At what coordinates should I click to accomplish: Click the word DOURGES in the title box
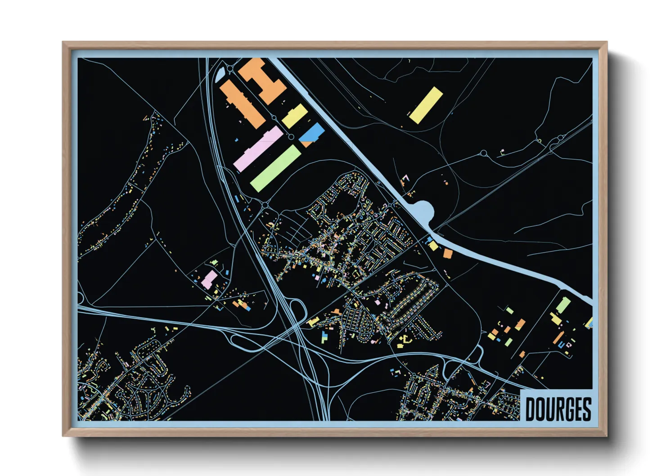(558, 409)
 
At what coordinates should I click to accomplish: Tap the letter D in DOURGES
(531, 409)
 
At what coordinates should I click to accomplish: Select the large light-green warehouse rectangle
(275, 168)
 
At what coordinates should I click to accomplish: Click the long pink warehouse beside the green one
(258, 149)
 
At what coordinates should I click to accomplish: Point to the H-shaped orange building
(262, 80)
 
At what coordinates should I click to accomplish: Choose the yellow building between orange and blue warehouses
(295, 116)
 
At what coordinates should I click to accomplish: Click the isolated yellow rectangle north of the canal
(426, 105)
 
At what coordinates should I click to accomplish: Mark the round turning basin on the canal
(423, 211)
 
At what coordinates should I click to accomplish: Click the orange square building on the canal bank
(447, 254)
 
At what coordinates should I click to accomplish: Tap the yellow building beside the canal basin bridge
(433, 246)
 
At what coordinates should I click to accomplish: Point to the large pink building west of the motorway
(209, 279)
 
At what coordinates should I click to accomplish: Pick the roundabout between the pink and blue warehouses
(291, 137)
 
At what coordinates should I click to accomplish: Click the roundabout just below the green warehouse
(265, 206)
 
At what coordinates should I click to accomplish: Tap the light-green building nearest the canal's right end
(563, 305)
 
